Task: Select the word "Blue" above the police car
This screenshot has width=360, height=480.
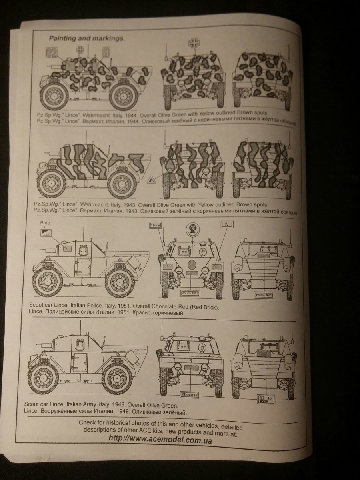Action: tap(45, 223)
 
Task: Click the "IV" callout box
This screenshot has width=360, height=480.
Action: tap(226, 225)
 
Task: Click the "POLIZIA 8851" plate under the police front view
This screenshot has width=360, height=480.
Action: tap(192, 294)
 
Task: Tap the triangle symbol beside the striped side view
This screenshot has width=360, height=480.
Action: tap(152, 180)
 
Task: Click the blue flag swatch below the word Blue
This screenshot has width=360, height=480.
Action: tap(44, 231)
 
